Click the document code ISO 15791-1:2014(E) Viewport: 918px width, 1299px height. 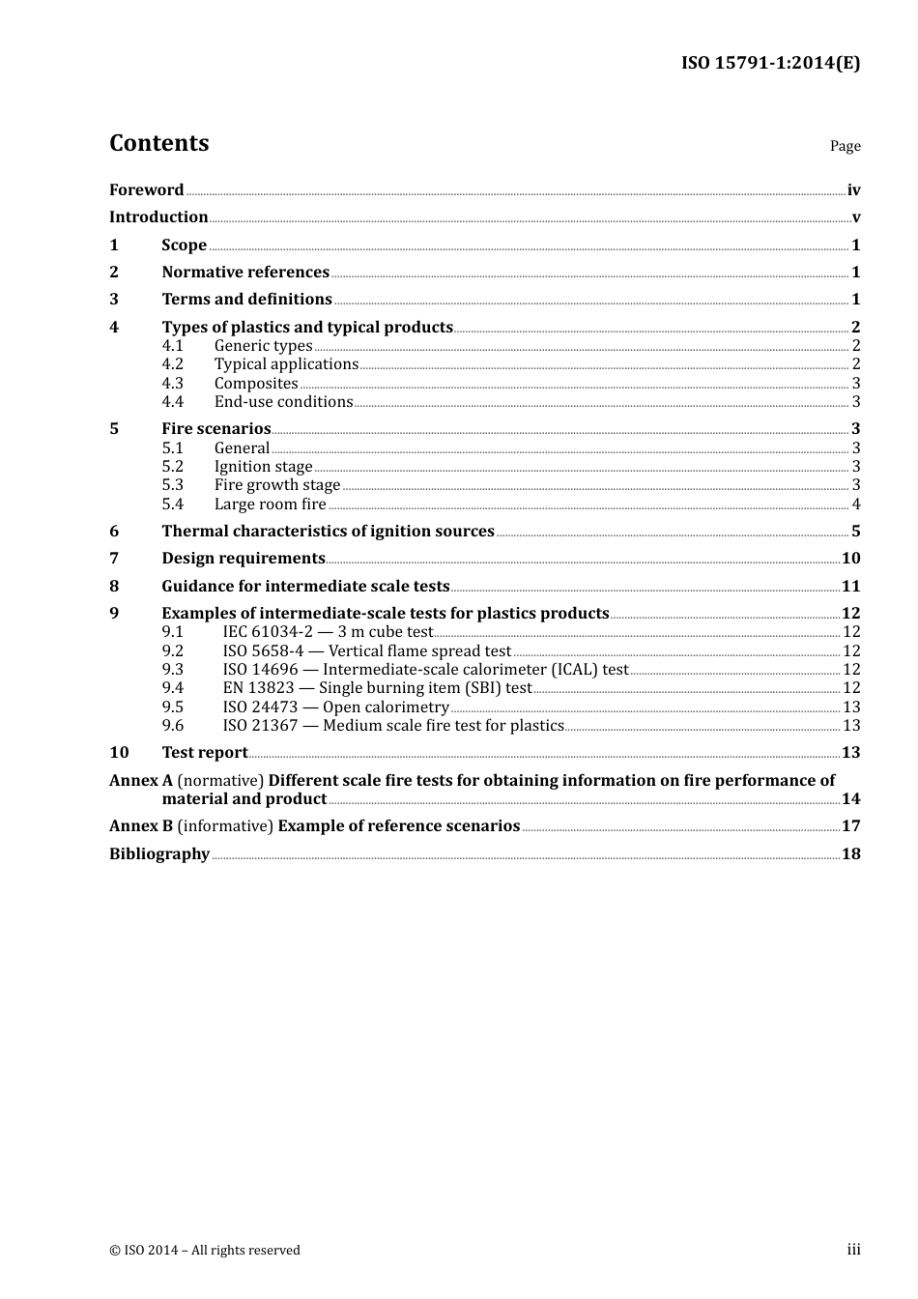point(770,64)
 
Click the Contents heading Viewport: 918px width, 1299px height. point(158,143)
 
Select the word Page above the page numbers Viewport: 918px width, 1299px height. point(845,146)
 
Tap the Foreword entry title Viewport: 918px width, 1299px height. point(146,190)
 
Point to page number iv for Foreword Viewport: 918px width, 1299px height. point(853,190)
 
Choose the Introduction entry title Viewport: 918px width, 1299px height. point(158,217)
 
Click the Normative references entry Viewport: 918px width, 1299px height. point(245,273)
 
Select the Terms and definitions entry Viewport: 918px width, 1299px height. point(246,300)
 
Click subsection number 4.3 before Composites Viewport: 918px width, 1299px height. point(172,384)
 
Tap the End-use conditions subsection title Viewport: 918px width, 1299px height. point(283,402)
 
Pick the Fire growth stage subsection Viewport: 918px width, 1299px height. point(277,485)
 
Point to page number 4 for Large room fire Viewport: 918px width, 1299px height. point(856,505)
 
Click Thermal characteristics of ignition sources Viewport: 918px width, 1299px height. point(328,532)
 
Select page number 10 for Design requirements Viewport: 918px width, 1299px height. point(850,559)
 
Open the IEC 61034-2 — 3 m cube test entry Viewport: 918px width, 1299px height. point(328,632)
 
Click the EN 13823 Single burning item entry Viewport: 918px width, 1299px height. point(377,688)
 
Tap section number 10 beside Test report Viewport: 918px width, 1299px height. point(119,753)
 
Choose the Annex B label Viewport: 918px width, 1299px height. point(141,826)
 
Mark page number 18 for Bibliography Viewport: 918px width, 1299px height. point(850,854)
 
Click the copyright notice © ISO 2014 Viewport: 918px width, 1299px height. point(205,1251)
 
